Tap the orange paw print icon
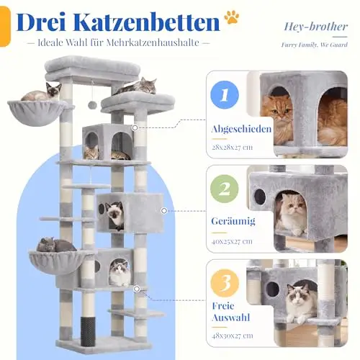(231, 17)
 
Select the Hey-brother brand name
(315, 27)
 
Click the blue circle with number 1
(225, 95)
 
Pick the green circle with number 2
(225, 189)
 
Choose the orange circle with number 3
(225, 283)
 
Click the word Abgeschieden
(241, 129)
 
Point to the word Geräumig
(233, 221)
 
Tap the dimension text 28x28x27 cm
(232, 147)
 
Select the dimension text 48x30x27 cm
(233, 336)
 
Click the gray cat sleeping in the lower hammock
(55, 245)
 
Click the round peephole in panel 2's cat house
(260, 197)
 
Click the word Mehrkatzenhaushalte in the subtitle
(153, 43)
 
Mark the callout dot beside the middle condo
(164, 211)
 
